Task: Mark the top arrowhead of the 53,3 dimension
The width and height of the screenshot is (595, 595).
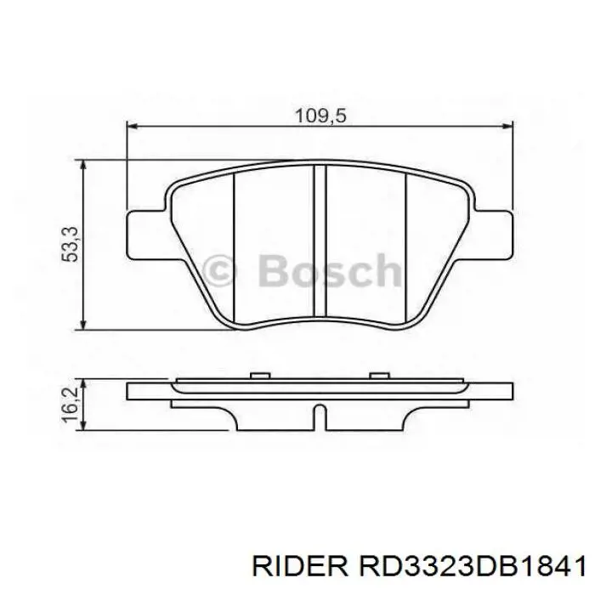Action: pos(83,163)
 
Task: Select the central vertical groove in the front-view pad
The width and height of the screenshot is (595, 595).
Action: pos(320,242)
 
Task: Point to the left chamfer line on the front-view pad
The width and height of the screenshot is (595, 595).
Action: pos(233,246)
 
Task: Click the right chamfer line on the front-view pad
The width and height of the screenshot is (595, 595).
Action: pos(407,246)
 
